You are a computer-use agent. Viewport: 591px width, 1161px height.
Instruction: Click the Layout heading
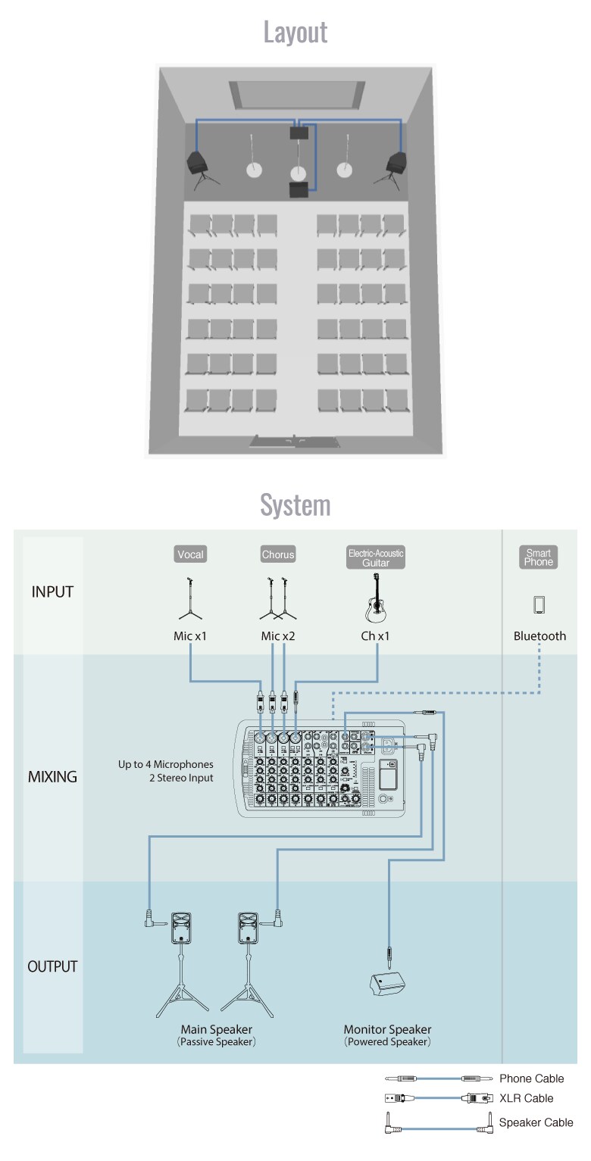click(295, 33)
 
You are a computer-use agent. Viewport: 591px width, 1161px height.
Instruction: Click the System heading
click(295, 504)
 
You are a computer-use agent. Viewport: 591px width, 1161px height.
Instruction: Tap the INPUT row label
click(52, 592)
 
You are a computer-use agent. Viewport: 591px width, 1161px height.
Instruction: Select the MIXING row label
click(52, 777)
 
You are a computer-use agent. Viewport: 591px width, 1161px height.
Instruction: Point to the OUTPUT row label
click(52, 966)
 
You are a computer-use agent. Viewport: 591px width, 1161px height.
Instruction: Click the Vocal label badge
click(190, 554)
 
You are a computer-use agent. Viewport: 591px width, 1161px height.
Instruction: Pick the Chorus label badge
click(277, 554)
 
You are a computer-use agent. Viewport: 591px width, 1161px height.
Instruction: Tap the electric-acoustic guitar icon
click(376, 598)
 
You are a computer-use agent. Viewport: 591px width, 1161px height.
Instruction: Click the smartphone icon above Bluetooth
click(539, 604)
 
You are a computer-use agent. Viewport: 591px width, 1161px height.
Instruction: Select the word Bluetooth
click(539, 636)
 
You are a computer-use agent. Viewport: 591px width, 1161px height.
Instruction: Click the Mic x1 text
click(190, 636)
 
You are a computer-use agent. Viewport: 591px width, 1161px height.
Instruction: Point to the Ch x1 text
click(375, 636)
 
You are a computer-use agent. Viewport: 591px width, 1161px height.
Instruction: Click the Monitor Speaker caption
click(387, 1030)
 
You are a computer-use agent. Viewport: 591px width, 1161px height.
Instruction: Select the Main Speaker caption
click(216, 1030)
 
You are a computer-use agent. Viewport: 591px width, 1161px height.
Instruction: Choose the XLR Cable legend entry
click(526, 1098)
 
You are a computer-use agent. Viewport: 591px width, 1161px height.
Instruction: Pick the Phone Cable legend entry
click(531, 1078)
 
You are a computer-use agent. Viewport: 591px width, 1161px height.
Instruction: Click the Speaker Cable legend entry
click(536, 1122)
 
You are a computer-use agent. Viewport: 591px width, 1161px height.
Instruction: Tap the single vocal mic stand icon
click(190, 598)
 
